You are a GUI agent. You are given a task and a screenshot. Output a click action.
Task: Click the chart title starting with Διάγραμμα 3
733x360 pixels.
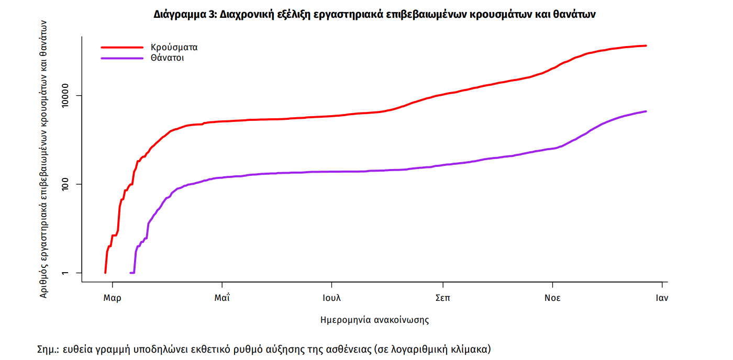[374, 15]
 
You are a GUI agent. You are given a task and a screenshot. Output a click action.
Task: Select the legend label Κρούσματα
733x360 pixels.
[174, 47]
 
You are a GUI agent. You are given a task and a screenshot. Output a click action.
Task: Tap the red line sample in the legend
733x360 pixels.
[121, 47]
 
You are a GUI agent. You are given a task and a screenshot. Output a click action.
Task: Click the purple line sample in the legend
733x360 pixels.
[121, 58]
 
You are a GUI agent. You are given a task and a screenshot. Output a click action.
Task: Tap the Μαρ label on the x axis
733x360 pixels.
[112, 298]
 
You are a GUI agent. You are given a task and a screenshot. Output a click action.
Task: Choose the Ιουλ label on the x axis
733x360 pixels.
[332, 298]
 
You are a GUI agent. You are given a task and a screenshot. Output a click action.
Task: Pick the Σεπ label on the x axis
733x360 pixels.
[442, 298]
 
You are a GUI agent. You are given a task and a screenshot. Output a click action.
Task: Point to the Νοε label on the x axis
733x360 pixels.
[552, 298]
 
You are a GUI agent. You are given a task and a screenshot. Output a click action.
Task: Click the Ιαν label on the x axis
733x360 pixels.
[662, 298]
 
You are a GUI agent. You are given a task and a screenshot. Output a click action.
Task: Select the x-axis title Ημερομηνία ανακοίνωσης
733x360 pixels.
[374, 320]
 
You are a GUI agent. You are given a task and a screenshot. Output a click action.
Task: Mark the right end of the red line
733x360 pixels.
[646, 46]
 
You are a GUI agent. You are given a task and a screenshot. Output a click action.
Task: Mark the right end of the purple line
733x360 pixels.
[646, 111]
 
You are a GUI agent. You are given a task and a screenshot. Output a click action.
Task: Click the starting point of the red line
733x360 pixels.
[105, 273]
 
